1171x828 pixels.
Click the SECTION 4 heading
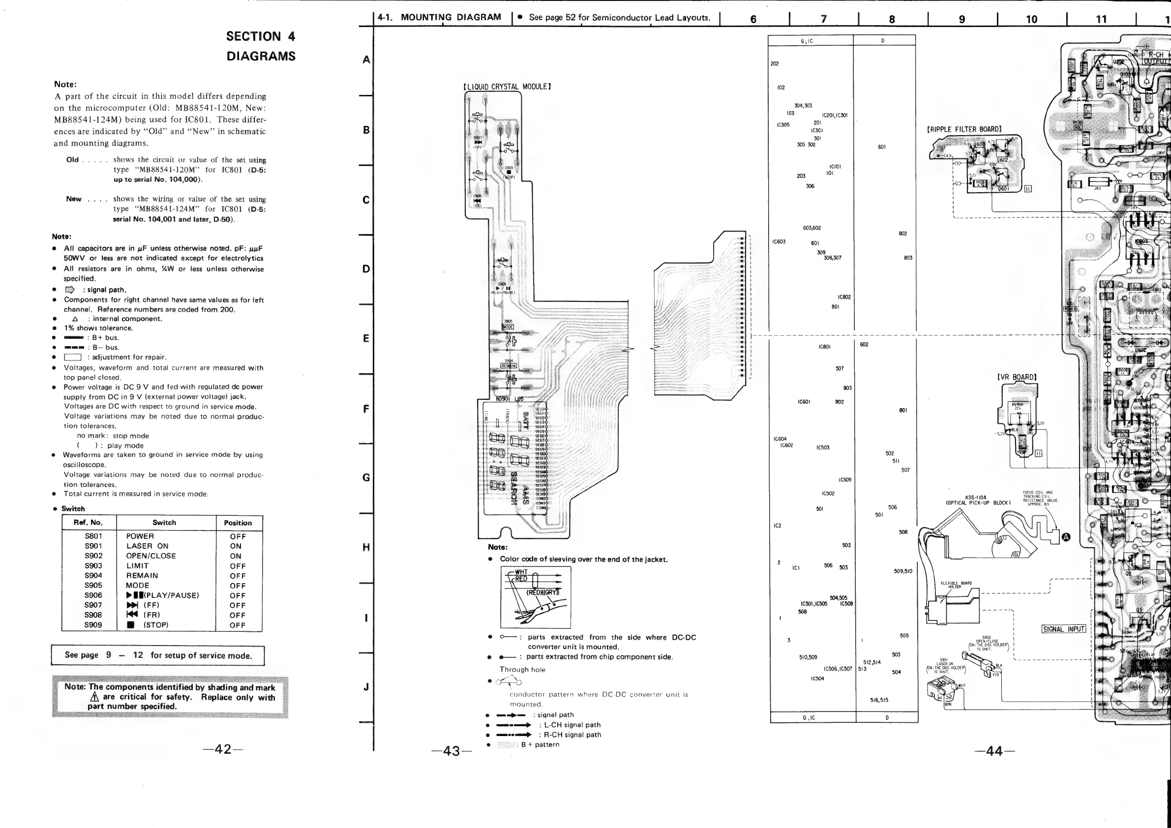coord(260,37)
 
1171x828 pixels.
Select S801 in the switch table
coord(93,536)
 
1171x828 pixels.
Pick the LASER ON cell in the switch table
coord(148,546)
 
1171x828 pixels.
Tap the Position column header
coord(238,523)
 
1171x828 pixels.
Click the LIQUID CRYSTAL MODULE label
coord(507,87)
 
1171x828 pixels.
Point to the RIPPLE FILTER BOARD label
coord(964,129)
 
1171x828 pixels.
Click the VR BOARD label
coord(1017,377)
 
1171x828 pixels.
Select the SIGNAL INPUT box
coord(1063,629)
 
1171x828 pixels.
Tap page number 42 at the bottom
coord(223,749)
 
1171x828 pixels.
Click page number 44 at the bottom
coord(994,750)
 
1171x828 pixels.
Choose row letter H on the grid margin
coord(366,547)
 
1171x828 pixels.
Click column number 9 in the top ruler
coord(962,19)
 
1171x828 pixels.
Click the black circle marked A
coord(1065,537)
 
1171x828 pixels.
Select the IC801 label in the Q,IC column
coord(824,347)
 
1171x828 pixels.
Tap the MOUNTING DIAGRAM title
coord(450,17)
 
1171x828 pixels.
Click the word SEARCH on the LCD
coord(514,487)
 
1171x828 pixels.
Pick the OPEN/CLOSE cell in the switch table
coord(151,556)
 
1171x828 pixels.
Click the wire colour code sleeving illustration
coord(536,597)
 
